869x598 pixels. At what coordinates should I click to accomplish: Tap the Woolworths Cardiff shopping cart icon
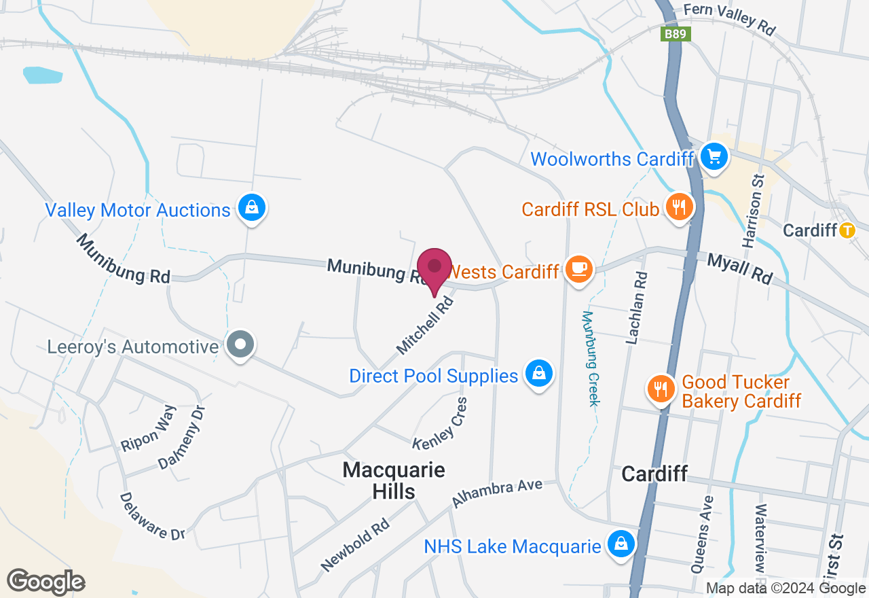(x=714, y=157)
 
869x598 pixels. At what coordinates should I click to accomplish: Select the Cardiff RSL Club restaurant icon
(x=678, y=206)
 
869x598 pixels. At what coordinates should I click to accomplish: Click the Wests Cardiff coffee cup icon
(x=578, y=268)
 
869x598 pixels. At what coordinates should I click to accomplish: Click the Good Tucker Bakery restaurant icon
(x=659, y=389)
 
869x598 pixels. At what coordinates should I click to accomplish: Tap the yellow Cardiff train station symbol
(x=847, y=230)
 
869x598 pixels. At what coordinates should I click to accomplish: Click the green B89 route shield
(x=676, y=34)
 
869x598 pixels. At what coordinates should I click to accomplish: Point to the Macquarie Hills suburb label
(x=394, y=480)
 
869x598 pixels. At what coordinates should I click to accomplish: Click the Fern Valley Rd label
(x=729, y=18)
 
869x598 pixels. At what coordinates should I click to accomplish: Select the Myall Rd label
(x=740, y=268)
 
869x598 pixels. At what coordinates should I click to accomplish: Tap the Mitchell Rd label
(x=424, y=324)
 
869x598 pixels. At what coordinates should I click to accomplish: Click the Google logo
(x=45, y=582)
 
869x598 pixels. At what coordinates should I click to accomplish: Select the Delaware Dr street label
(x=152, y=516)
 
